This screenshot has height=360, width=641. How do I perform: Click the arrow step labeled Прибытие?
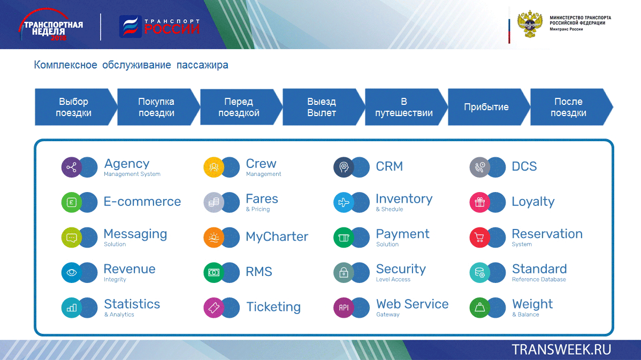(x=486, y=107)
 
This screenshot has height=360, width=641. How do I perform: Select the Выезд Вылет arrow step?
(x=322, y=107)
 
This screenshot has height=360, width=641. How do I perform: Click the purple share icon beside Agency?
(x=72, y=167)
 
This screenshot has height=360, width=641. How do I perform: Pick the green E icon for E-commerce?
(x=72, y=202)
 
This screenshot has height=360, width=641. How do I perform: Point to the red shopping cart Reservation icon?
(x=479, y=238)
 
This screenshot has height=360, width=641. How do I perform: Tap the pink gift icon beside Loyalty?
(x=479, y=202)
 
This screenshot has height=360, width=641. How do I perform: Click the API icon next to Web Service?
(x=344, y=308)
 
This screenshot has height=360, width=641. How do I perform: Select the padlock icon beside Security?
(x=344, y=273)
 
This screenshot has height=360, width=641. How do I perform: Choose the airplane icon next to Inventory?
(x=344, y=202)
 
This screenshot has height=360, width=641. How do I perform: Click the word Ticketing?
(x=273, y=307)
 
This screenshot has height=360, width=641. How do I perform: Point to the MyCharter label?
(x=277, y=236)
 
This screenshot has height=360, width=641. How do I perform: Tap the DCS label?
(x=524, y=166)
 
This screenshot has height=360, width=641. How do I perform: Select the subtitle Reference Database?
(x=539, y=280)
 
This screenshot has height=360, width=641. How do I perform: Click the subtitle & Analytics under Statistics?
(x=119, y=315)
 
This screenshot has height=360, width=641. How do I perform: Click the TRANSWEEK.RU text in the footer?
(x=561, y=350)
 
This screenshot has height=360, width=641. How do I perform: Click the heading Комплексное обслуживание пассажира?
(x=131, y=65)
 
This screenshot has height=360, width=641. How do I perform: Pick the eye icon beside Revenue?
(x=72, y=273)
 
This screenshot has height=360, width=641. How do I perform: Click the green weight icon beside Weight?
(x=479, y=308)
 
